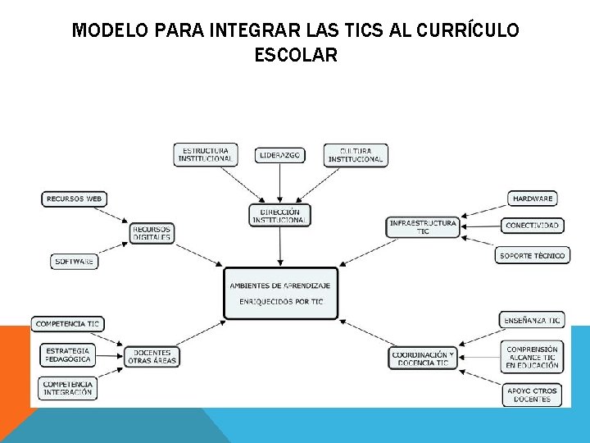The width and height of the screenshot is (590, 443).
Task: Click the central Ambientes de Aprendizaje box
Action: pyautogui.click(x=280, y=293)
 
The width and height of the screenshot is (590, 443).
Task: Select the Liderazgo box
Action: pyautogui.click(x=280, y=155)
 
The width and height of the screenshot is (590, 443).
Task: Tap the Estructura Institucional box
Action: pyautogui.click(x=206, y=155)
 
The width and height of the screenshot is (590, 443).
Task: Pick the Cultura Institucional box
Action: pyautogui.click(x=356, y=155)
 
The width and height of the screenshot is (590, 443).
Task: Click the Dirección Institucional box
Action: pyautogui.click(x=280, y=216)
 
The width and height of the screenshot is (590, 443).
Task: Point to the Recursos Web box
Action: pyautogui.click(x=75, y=199)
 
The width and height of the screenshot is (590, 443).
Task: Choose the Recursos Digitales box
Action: pyautogui.click(x=152, y=233)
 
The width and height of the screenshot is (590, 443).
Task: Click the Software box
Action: pyautogui.click(x=74, y=262)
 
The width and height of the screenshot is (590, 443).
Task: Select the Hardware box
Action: pyautogui.click(x=533, y=199)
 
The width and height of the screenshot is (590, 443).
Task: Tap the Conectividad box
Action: pyautogui.click(x=533, y=226)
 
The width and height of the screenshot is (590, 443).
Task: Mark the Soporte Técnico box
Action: pyautogui.click(x=532, y=256)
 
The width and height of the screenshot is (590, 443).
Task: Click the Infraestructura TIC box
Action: pyautogui.click(x=423, y=227)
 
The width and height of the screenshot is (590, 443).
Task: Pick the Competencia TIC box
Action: pyautogui.click(x=67, y=324)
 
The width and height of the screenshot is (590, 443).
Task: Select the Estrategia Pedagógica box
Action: pyautogui.click(x=68, y=355)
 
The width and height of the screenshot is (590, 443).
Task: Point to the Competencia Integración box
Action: pyautogui.click(x=68, y=388)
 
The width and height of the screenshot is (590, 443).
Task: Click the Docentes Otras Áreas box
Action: pyautogui.click(x=152, y=357)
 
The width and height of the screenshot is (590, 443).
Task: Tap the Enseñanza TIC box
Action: pyautogui.click(x=533, y=321)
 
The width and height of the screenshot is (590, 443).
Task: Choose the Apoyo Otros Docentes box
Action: pyautogui.click(x=532, y=395)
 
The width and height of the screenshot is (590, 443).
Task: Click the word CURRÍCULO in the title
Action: pyautogui.click(x=468, y=31)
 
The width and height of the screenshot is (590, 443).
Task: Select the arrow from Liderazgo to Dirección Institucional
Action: pyautogui.click(x=280, y=184)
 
